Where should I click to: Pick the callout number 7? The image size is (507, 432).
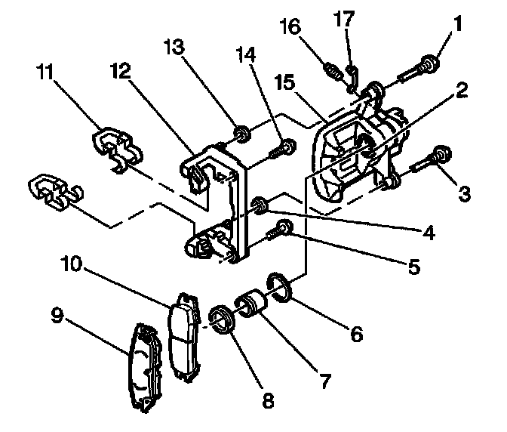click(x=325, y=380)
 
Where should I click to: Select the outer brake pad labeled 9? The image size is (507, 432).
click(x=143, y=369)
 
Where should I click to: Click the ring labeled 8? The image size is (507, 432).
click(x=223, y=319)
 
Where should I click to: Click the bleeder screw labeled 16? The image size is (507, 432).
click(x=332, y=71)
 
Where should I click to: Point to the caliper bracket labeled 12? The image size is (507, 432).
click(x=219, y=204)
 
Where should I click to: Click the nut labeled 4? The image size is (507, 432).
click(x=260, y=203)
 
